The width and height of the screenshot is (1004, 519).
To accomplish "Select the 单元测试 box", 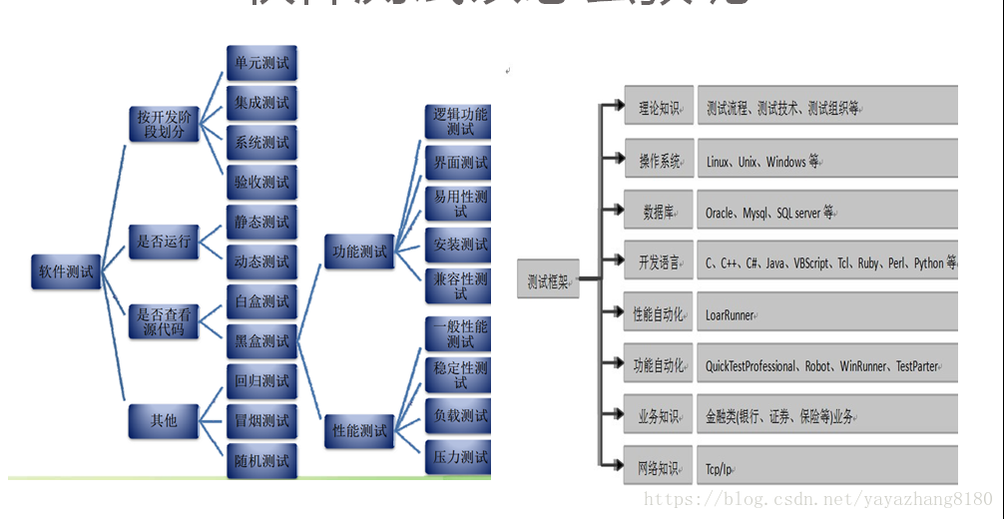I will coord(261,64).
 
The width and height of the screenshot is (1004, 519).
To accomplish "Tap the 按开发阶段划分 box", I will coord(163,124).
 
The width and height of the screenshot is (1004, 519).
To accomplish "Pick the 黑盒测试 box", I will coord(261,341).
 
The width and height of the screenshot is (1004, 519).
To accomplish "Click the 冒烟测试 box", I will coord(261,420).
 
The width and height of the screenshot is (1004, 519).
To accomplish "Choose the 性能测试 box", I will coord(359,431).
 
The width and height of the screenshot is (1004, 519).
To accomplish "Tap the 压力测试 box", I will coord(460,457).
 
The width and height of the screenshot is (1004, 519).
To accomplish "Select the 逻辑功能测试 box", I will coord(460,121).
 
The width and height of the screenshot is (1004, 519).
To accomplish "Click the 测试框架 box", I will coord(548,282).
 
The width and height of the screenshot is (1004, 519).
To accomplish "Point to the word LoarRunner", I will coord(730,315).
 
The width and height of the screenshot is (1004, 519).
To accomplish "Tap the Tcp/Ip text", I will coord(719,469).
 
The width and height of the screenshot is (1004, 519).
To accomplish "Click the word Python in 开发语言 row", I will coord(928,263).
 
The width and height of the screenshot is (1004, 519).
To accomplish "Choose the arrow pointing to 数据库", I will coord(611,212).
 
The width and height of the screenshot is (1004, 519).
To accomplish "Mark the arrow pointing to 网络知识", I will coord(611,466).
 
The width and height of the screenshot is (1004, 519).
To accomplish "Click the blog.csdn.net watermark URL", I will coord(817,499).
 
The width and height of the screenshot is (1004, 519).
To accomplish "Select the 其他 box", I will coord(163,421).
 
